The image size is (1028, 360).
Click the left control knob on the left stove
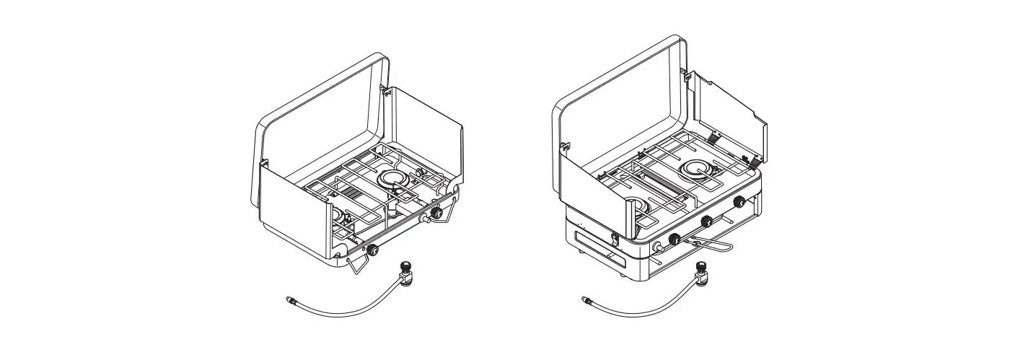(x=373, y=250)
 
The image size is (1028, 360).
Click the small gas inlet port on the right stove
(x=657, y=247)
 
